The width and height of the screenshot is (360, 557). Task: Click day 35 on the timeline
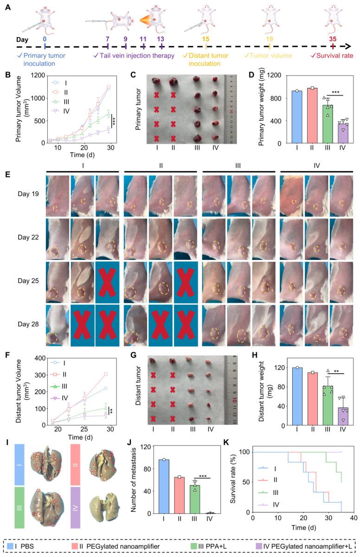(x=332, y=39)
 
